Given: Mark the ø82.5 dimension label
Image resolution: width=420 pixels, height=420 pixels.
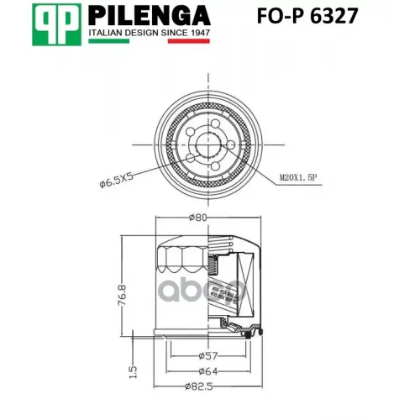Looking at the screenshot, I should tap(202, 386).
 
